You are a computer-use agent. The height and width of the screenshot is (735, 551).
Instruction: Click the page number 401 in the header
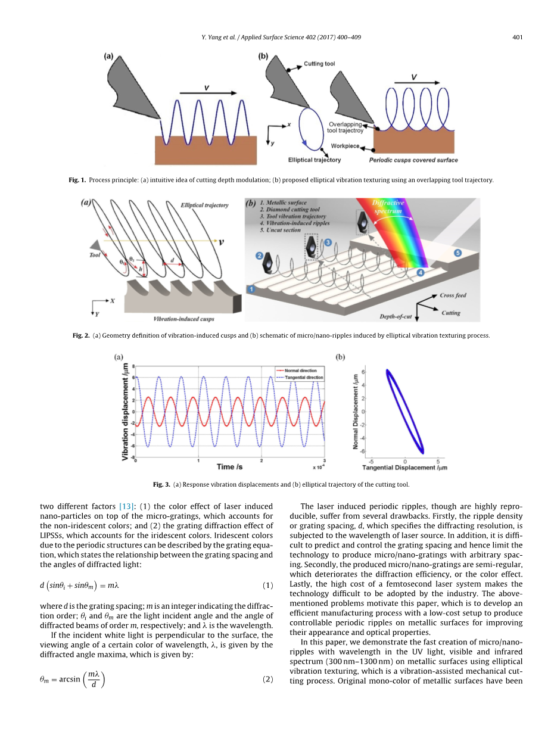[x=517, y=38]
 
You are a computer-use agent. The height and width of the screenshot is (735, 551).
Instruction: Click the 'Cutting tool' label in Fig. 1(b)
[x=319, y=64]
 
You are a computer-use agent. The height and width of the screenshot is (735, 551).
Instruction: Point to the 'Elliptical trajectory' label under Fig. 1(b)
[x=315, y=160]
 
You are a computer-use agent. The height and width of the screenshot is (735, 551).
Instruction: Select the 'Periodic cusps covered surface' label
[x=413, y=160]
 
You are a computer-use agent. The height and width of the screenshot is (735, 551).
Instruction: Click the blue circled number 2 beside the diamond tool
[x=260, y=255]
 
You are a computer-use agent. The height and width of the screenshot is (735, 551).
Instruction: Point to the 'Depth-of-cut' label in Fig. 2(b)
[x=397, y=316]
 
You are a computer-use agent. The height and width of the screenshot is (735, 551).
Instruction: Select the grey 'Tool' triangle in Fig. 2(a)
[x=94, y=245]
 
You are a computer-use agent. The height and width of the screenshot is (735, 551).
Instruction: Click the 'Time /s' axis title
[x=229, y=467]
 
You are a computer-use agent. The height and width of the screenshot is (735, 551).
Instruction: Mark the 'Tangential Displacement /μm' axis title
[x=405, y=468]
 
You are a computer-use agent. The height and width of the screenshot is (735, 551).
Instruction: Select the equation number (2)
[x=268, y=680]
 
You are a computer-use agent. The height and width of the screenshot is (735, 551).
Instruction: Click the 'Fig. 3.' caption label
[x=161, y=484]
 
